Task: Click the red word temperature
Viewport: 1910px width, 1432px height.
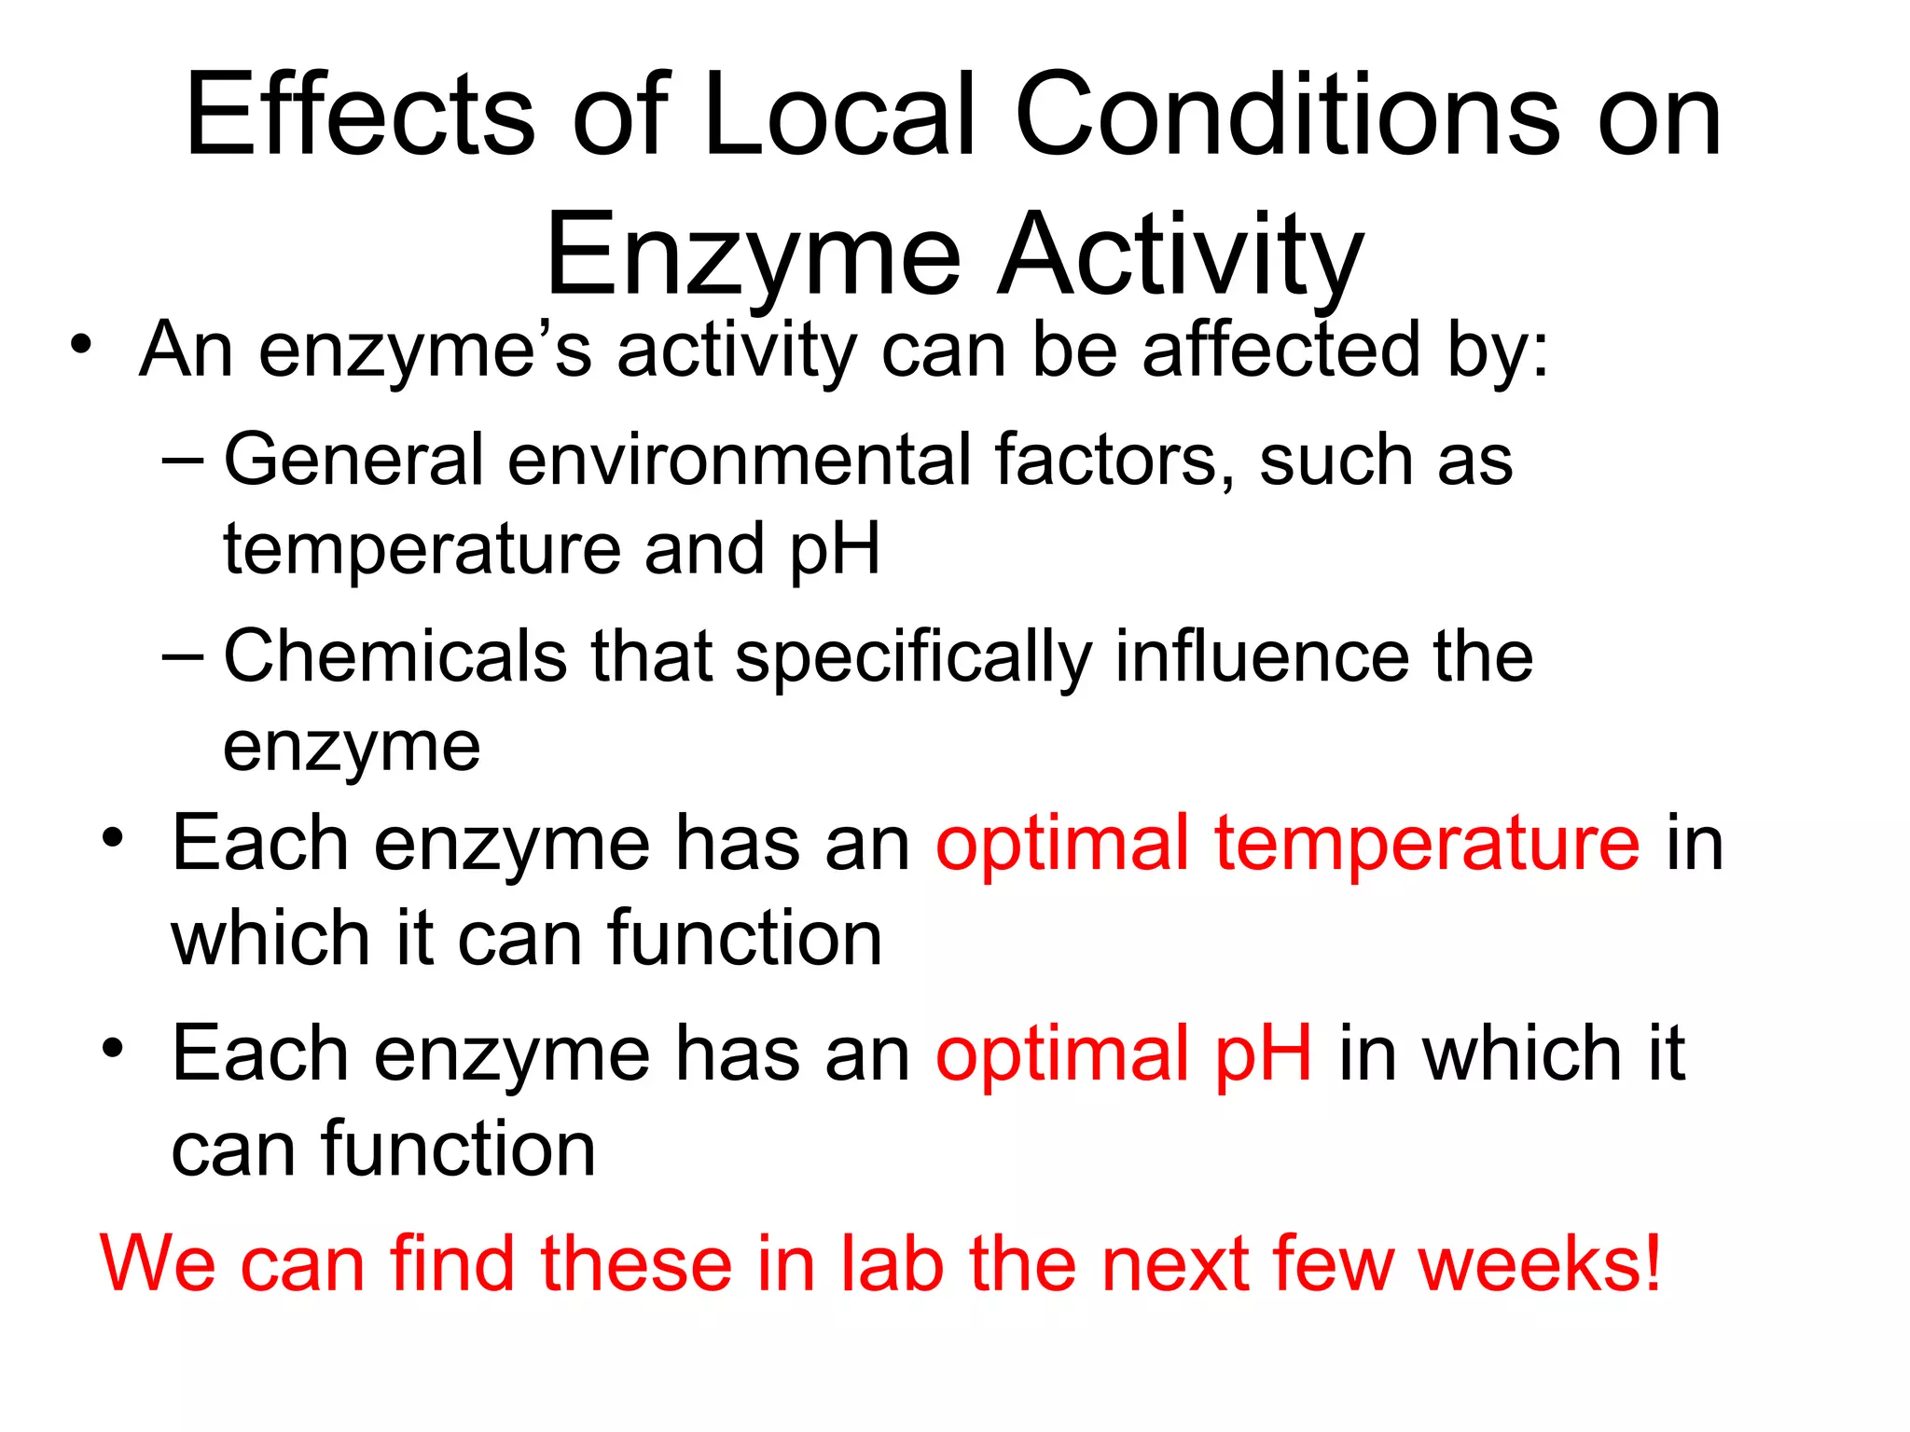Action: coord(1426,844)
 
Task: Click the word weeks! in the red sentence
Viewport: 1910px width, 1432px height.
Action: coord(1540,1263)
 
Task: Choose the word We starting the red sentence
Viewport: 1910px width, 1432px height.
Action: coord(158,1263)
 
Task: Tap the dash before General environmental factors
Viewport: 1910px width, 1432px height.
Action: coord(181,460)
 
